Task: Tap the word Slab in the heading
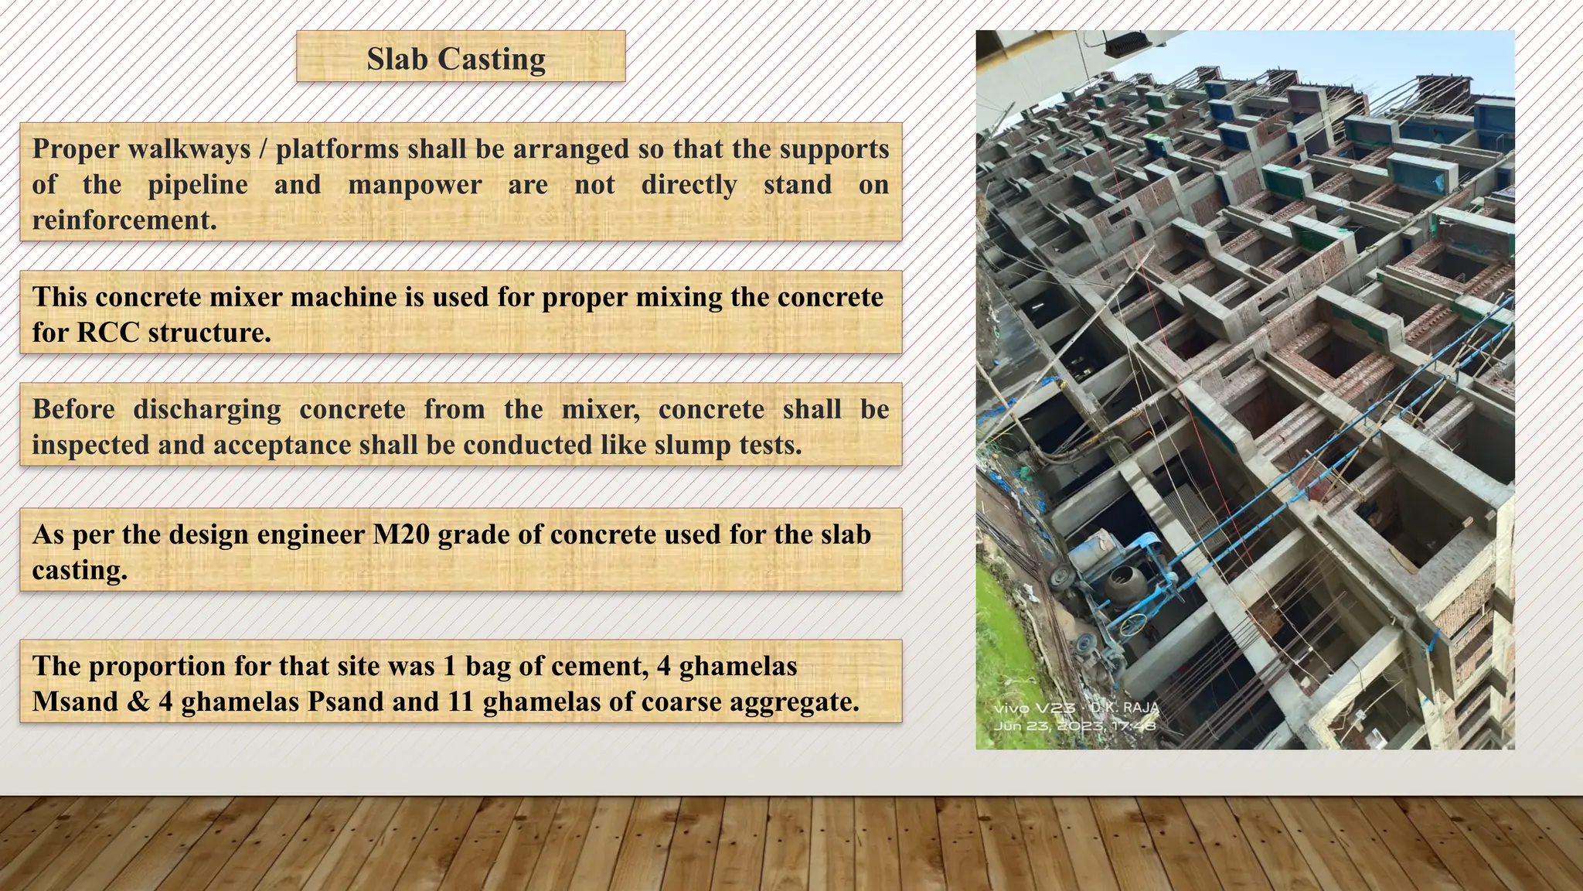[397, 59]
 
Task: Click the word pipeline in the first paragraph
[198, 185]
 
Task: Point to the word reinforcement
[124, 220]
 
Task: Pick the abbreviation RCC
[107, 333]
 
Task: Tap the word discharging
[207, 409]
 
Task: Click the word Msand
[75, 702]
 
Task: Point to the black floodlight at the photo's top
[1125, 45]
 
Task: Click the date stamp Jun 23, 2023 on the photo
[1074, 726]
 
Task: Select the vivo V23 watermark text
[1034, 708]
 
